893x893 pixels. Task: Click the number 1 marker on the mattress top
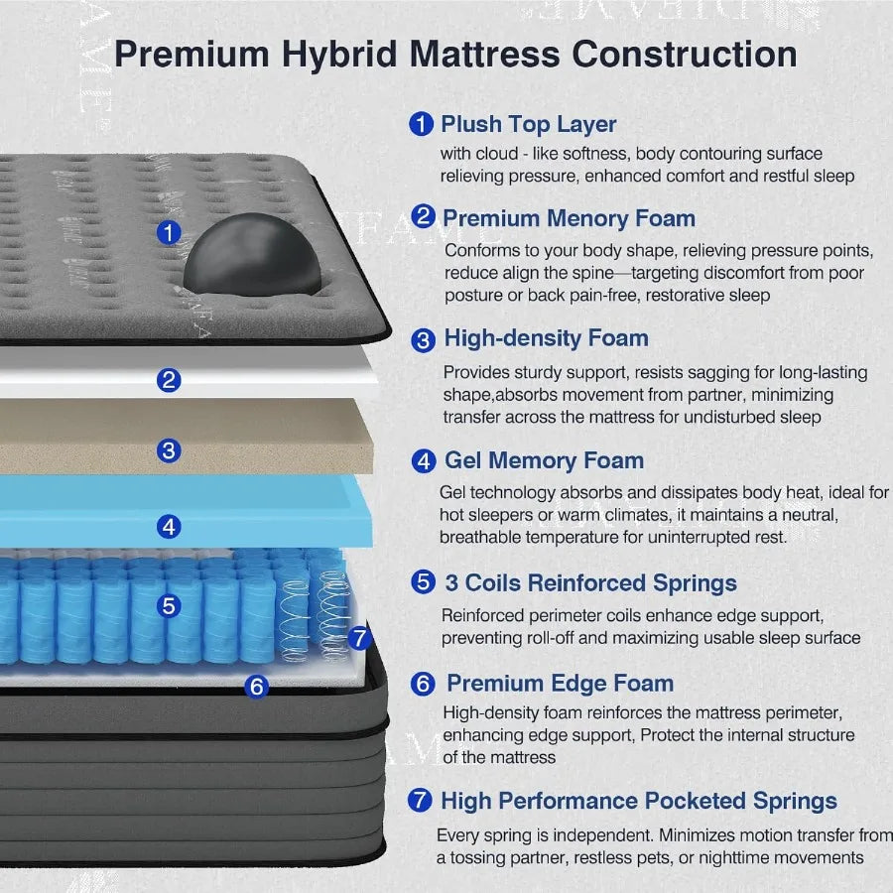click(x=170, y=233)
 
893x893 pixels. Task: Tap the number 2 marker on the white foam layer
click(x=170, y=379)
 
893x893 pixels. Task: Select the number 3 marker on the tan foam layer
click(x=170, y=450)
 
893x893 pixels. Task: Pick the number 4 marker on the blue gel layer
click(x=170, y=527)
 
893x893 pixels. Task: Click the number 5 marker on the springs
click(x=170, y=605)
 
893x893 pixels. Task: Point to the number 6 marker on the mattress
click(x=256, y=686)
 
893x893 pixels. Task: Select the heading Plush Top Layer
click(x=528, y=125)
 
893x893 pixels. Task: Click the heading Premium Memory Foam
click(x=569, y=218)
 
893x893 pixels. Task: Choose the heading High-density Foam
click(x=546, y=338)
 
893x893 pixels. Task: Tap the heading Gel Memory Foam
click(x=544, y=460)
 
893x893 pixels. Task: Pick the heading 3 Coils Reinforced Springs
click(x=590, y=583)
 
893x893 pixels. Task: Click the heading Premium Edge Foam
click(x=560, y=684)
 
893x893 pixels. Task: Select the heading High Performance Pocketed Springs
click(x=638, y=801)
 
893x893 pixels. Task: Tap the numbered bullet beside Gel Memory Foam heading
click(x=424, y=461)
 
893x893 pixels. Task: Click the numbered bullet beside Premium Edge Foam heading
click(x=423, y=685)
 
